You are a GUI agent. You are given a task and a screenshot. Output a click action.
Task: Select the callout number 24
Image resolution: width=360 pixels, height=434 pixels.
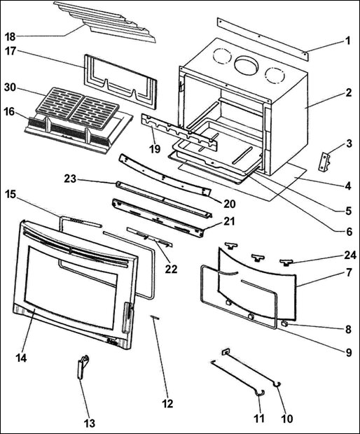click(x=347, y=255)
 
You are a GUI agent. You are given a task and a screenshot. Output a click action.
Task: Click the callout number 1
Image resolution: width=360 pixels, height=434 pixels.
click(x=347, y=41)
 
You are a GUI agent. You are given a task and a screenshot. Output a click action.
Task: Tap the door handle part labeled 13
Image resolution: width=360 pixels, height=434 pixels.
click(x=82, y=366)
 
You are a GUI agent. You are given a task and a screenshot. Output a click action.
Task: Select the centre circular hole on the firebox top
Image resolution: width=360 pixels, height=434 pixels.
click(x=245, y=66)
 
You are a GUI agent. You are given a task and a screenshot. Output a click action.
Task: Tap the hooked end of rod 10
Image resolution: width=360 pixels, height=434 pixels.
click(x=279, y=384)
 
